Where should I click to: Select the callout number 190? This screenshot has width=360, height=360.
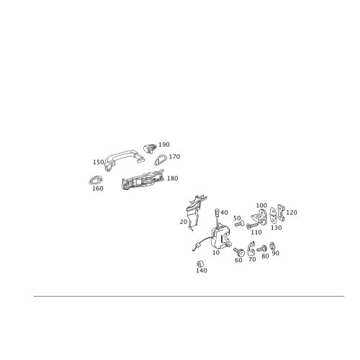click(x=164, y=145)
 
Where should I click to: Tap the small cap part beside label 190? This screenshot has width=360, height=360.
click(x=150, y=149)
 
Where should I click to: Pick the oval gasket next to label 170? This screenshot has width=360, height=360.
click(x=161, y=160)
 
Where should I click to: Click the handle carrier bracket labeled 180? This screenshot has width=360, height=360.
click(x=143, y=180)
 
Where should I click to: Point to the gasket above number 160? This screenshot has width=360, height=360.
click(x=96, y=180)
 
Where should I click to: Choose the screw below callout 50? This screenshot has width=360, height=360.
click(x=239, y=225)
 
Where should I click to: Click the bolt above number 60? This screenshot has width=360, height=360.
click(x=239, y=252)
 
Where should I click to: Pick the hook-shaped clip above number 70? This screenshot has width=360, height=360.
click(x=251, y=248)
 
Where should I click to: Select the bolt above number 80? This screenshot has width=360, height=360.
click(x=262, y=248)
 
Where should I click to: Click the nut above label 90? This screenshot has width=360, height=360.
click(x=272, y=246)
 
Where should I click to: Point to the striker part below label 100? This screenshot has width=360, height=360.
click(x=259, y=216)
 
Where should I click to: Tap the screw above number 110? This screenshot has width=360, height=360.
click(x=253, y=225)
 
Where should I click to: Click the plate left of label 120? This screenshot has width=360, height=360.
click(x=281, y=213)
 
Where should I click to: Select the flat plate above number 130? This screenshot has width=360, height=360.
click(x=273, y=215)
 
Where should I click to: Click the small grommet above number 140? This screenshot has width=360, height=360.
click(x=200, y=264)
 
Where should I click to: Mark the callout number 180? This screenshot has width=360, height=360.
click(x=173, y=179)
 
